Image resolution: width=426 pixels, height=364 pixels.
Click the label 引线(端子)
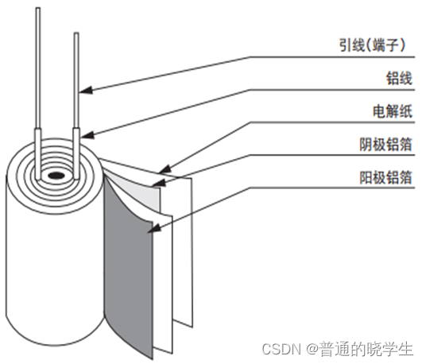click(x=372, y=45)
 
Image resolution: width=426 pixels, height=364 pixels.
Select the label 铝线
click(x=399, y=78)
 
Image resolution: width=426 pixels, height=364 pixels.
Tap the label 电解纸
click(x=393, y=111)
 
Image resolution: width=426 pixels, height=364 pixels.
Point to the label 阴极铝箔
click(x=386, y=144)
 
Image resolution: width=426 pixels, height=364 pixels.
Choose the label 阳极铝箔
click(x=386, y=177)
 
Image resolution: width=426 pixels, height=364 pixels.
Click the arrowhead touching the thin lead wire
click(x=86, y=90)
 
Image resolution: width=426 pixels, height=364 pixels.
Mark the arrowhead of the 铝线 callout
click(x=87, y=135)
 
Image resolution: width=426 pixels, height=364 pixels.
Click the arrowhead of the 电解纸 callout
click(x=165, y=169)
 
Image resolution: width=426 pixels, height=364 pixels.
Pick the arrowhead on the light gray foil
click(x=158, y=183)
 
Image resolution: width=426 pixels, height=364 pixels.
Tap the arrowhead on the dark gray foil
click(x=153, y=228)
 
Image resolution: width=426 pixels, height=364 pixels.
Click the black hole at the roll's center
click(x=56, y=176)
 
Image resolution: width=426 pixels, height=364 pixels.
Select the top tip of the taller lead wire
click(x=38, y=8)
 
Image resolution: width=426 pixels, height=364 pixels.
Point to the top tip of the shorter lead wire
click(x=76, y=33)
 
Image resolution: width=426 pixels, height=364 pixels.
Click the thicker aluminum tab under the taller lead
click(x=38, y=153)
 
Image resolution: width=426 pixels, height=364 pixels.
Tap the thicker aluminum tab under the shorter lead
click(x=76, y=153)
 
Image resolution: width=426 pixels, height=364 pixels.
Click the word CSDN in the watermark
click(x=281, y=349)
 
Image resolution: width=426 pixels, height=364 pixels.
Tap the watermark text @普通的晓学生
click(x=360, y=349)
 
